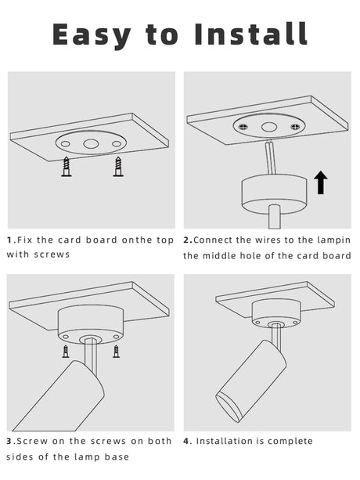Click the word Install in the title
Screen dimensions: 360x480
250,34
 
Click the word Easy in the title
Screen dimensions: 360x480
92,36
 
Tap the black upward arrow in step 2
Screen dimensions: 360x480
321,182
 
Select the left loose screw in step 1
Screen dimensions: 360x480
67,167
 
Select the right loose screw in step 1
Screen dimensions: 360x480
118,167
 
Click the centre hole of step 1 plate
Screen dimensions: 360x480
91,143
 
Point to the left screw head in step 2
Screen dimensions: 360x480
243,126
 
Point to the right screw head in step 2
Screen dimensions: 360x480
295,126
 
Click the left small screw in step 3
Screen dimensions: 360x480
66,352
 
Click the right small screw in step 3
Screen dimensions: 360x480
116,352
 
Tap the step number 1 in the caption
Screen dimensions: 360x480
9,240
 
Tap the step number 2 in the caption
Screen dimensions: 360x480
186,240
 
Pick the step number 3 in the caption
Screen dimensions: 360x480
9,441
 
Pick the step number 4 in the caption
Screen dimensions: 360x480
186,441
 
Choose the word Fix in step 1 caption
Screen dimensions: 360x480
24,240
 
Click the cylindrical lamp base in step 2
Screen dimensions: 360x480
274,194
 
